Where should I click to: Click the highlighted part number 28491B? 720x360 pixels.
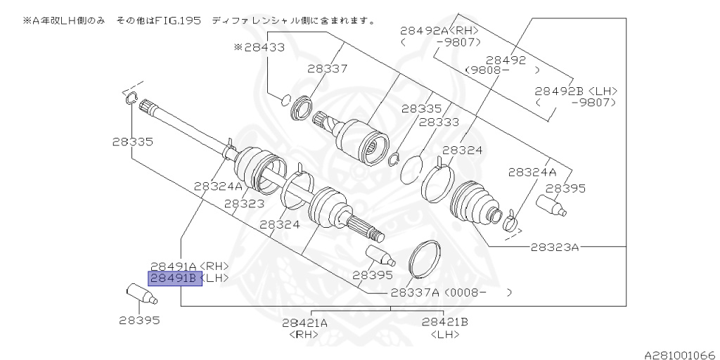pos(174,278)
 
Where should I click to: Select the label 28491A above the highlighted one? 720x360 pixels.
pos(174,266)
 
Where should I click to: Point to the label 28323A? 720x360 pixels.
pos(554,247)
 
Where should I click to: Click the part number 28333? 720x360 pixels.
pos(439,122)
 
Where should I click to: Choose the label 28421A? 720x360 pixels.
pos(305,323)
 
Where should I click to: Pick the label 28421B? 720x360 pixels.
pos(445,323)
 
